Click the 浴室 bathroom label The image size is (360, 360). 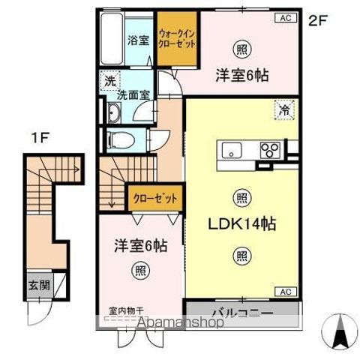[x=136, y=40]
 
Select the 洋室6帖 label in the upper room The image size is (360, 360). [x=242, y=75]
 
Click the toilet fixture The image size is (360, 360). [x=120, y=140]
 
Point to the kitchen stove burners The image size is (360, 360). [x=268, y=148]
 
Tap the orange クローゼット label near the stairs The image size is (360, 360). [x=156, y=199]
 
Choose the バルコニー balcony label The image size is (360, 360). [x=241, y=311]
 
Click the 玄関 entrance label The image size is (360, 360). [x=38, y=286]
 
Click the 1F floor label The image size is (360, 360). [x=40, y=138]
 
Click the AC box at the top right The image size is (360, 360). [x=286, y=17]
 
